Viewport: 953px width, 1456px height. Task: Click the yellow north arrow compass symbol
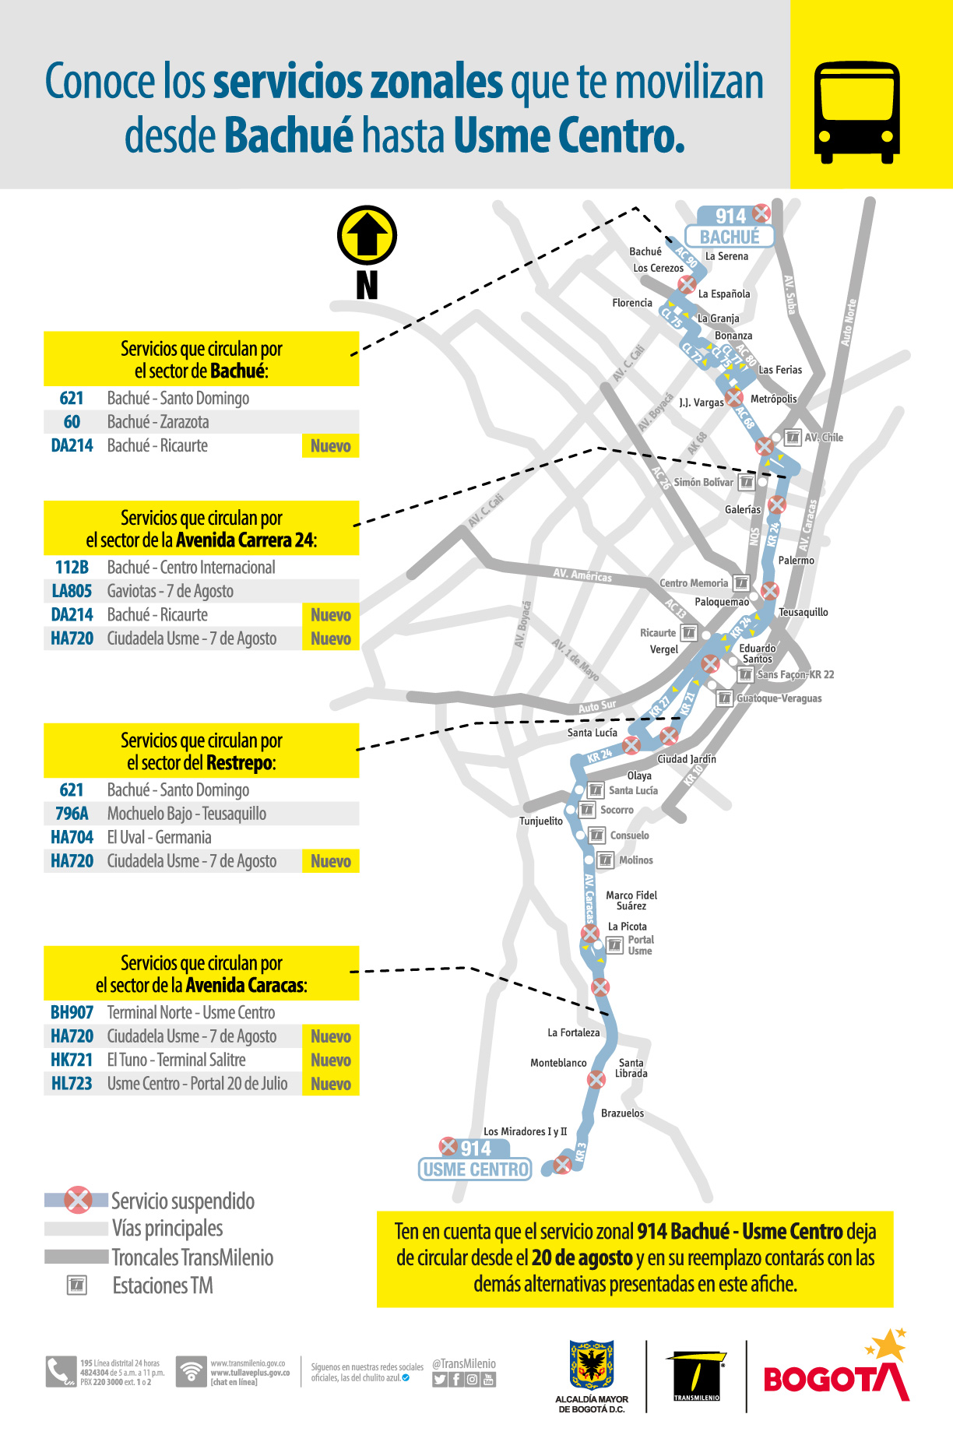[367, 235]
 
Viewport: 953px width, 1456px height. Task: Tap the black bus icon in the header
[856, 112]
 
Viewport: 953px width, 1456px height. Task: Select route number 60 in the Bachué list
[72, 422]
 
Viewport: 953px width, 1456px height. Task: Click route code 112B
[72, 568]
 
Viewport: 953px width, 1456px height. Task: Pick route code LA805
[72, 591]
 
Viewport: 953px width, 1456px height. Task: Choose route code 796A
[72, 814]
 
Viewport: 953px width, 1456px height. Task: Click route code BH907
[72, 1012]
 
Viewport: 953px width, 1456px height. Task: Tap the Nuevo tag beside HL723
[330, 1084]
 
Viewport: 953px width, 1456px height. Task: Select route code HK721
[72, 1060]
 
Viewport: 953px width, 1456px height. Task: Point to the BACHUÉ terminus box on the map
[729, 237]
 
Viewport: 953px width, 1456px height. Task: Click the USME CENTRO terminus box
[475, 1169]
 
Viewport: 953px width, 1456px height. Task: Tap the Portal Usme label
[640, 945]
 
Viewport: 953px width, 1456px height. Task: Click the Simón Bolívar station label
[703, 482]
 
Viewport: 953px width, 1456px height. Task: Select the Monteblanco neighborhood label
[558, 1063]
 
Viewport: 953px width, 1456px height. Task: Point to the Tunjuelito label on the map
[540, 821]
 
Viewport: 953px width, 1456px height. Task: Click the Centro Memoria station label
[694, 583]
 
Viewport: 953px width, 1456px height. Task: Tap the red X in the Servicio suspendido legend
[77, 1200]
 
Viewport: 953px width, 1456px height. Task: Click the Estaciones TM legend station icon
[77, 1285]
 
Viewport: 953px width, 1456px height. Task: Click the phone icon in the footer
[60, 1372]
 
